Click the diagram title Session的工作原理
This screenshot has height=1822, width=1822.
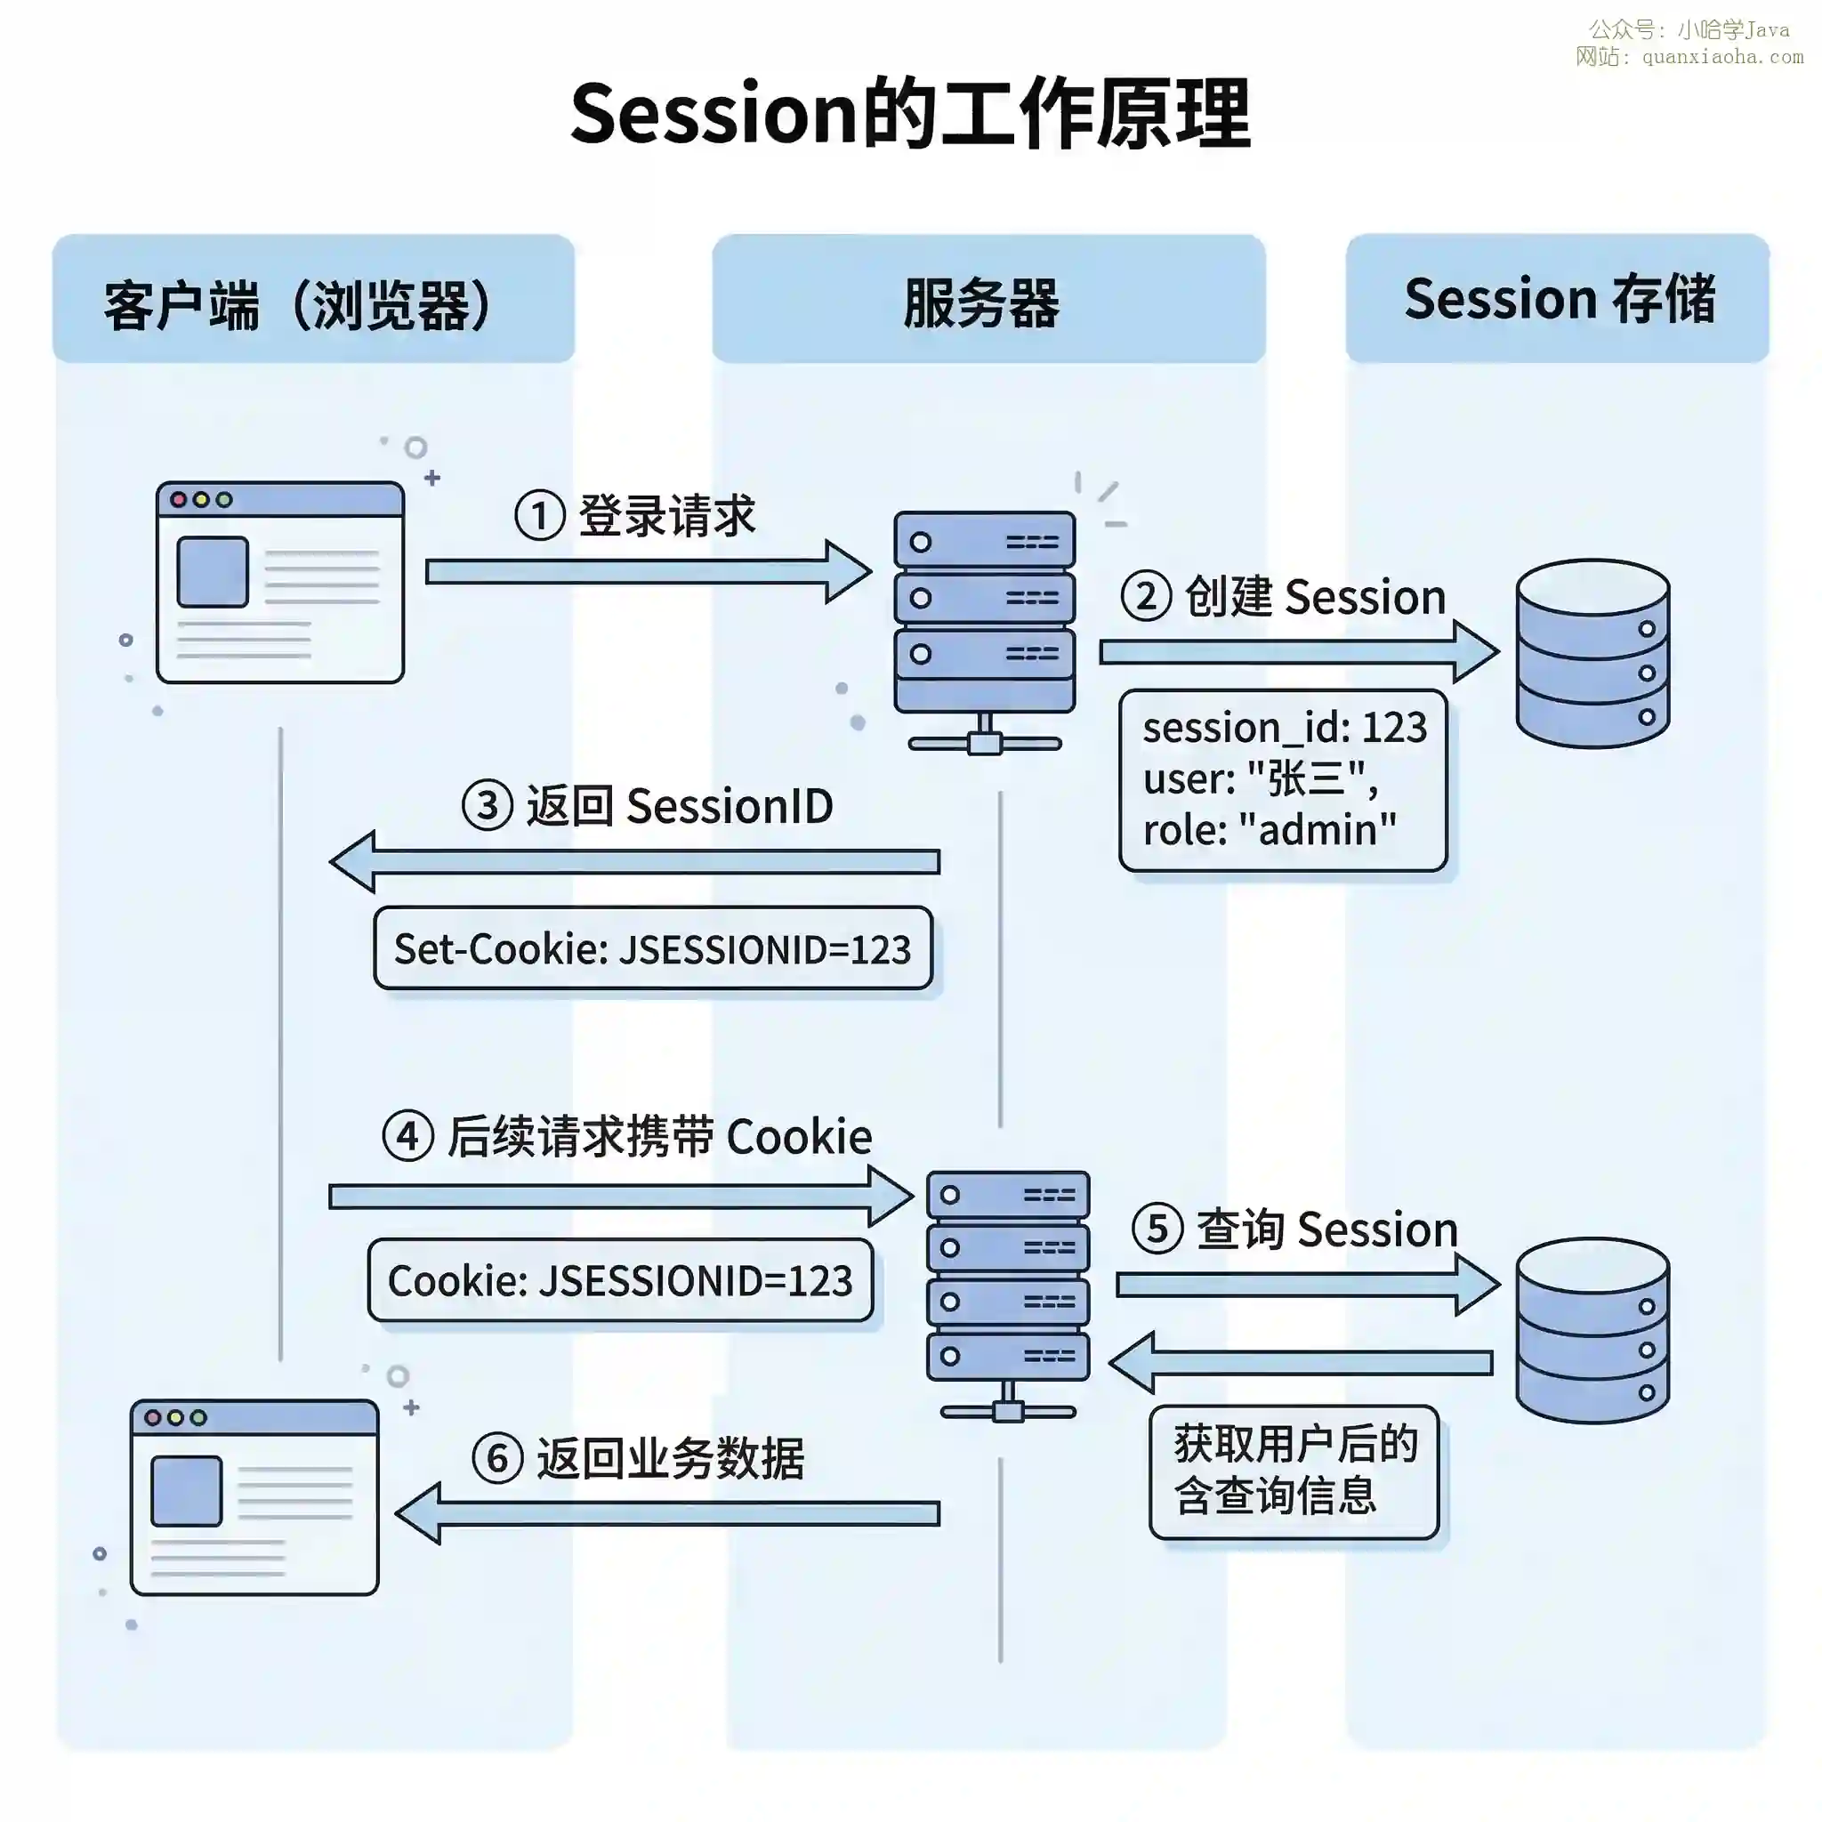pos(910,113)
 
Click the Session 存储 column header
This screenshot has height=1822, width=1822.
pos(1558,300)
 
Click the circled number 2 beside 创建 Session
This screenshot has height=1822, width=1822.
pos(1145,596)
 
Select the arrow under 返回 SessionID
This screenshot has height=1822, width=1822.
pos(633,861)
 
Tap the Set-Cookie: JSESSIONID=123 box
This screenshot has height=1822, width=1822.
pos(653,948)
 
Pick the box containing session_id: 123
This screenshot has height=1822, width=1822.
pos(1283,779)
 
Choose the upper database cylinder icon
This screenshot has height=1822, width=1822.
pos(1592,653)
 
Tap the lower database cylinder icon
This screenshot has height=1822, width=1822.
pos(1592,1330)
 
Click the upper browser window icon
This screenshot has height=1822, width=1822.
pos(280,582)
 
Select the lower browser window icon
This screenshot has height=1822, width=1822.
pos(254,1497)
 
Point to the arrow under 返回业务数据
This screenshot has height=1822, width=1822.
pos(668,1513)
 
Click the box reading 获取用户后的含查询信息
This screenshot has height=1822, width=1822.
pos(1294,1471)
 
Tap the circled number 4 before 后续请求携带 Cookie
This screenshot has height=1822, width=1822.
pos(407,1135)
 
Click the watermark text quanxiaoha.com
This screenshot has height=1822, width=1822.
pos(1722,57)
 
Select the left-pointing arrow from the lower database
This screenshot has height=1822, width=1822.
pos(1302,1363)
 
